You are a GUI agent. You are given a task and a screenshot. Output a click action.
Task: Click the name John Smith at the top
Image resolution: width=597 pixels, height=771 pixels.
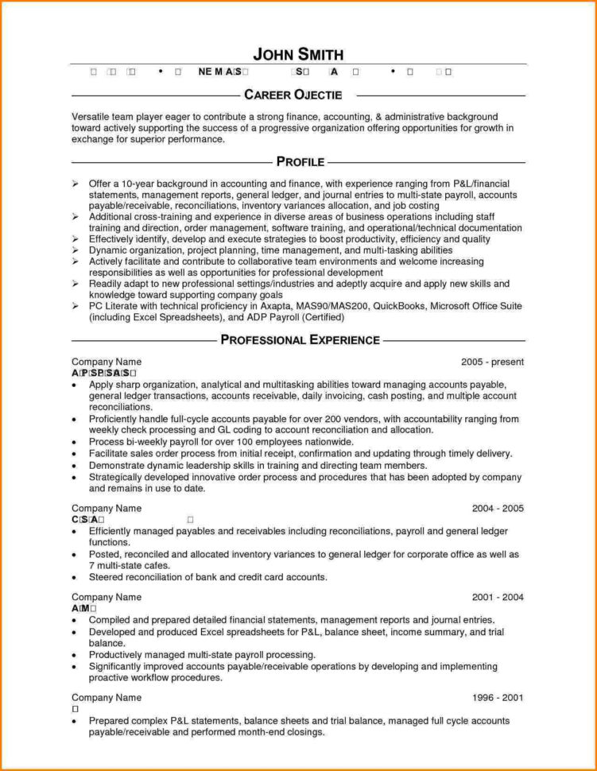coord(298,54)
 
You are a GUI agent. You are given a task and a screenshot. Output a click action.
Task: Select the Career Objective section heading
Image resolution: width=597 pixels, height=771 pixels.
coord(293,95)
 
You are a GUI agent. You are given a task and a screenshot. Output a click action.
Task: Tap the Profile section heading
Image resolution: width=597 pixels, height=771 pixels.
coord(300,162)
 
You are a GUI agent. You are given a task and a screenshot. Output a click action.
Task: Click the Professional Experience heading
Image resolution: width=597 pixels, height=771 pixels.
coord(300,340)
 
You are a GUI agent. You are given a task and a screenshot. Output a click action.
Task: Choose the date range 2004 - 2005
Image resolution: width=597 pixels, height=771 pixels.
coord(497,508)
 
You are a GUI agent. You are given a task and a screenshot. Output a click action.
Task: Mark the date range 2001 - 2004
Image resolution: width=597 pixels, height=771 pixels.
coord(497,597)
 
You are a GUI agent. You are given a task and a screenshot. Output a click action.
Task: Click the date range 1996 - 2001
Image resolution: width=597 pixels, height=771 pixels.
coord(497,698)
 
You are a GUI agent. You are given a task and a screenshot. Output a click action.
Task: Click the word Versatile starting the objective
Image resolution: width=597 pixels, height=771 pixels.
coord(93,117)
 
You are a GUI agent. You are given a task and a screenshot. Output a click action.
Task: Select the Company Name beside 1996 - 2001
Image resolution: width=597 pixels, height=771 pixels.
coord(107,698)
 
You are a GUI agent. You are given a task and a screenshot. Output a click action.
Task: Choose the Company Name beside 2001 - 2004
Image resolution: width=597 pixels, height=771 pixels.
coord(107,597)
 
